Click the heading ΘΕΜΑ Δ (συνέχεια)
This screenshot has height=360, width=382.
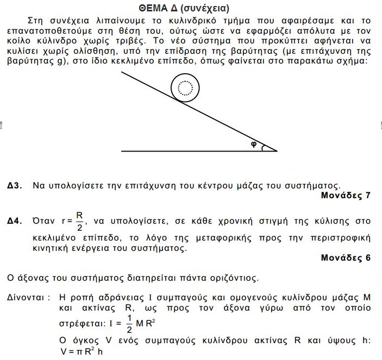(x=191, y=8)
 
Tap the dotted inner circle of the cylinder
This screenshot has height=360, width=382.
(x=185, y=87)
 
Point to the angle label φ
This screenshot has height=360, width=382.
(x=253, y=144)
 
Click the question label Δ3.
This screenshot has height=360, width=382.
(x=15, y=186)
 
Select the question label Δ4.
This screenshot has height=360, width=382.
(x=15, y=222)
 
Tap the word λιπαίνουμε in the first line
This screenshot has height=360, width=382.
(x=107, y=20)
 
